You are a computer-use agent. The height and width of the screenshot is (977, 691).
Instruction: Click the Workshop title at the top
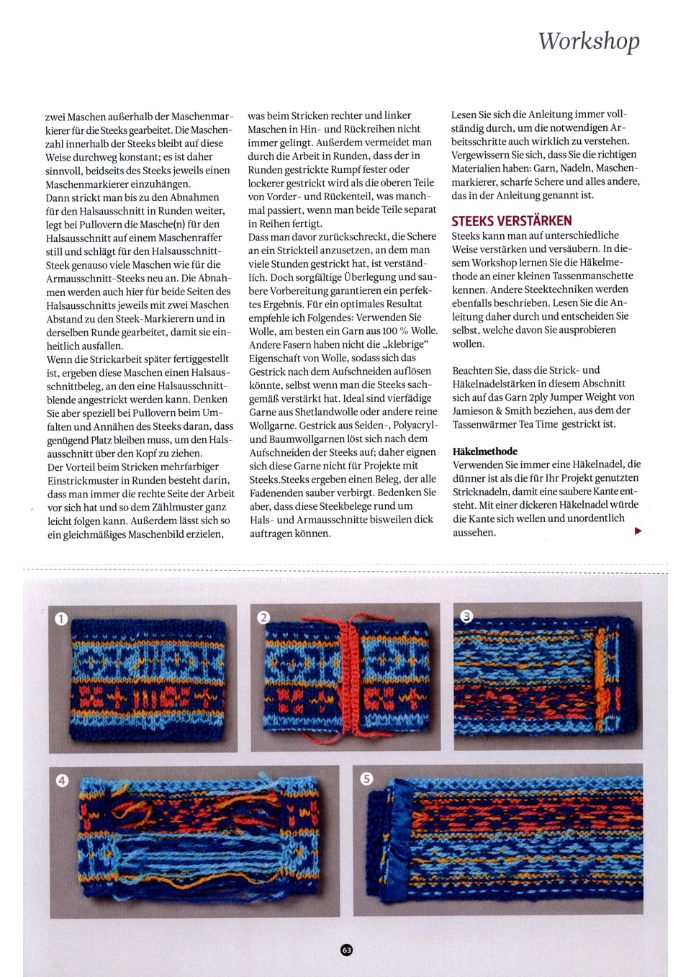pos(589,41)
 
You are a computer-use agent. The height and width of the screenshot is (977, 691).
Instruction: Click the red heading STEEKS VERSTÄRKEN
pos(512,221)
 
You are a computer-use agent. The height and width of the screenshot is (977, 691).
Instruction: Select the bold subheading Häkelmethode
pos(485,451)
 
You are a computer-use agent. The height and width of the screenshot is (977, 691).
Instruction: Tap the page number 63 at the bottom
pos(346,950)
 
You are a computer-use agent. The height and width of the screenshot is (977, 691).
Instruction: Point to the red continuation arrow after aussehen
pos(638,531)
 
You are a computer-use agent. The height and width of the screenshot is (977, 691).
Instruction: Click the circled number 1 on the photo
pos(61,618)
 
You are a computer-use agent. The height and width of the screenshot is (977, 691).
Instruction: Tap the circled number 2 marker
pos(263,617)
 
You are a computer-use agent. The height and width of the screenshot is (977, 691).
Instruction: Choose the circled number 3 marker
pos(466,616)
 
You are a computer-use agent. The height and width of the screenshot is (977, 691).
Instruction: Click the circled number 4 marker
pos(62,780)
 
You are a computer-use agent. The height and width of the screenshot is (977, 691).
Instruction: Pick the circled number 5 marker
pos(366,778)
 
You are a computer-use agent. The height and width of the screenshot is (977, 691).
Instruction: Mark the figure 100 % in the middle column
pos(395,330)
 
